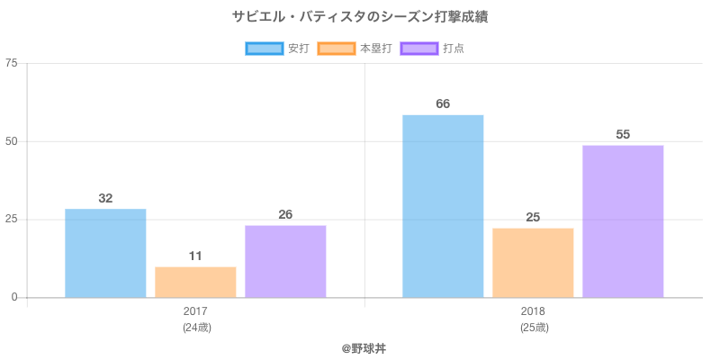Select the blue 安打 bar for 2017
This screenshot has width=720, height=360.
[x=105, y=253]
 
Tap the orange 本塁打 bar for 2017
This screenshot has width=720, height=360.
[x=195, y=282]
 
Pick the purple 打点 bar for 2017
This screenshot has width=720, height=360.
[x=285, y=261]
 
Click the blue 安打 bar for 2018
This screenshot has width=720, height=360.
[x=443, y=206]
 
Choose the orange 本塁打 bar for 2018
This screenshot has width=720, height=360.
[x=533, y=263]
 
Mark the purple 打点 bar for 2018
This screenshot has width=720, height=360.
[x=623, y=221]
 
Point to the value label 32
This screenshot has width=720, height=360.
[x=105, y=198]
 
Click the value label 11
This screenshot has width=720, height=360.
[x=195, y=256]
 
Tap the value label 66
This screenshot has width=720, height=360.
[x=443, y=103]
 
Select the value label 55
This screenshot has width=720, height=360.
[x=623, y=134]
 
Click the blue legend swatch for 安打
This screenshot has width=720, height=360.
[x=264, y=49]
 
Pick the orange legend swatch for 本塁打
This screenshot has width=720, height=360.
[x=336, y=49]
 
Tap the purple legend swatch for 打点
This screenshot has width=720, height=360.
[x=418, y=49]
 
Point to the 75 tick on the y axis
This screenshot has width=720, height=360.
[x=12, y=63]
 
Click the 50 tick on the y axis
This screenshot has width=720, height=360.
[x=12, y=141]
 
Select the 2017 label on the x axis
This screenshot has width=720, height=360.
[x=195, y=311]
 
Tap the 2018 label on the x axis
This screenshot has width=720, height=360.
[x=533, y=311]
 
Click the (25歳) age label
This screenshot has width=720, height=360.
[x=533, y=328]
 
